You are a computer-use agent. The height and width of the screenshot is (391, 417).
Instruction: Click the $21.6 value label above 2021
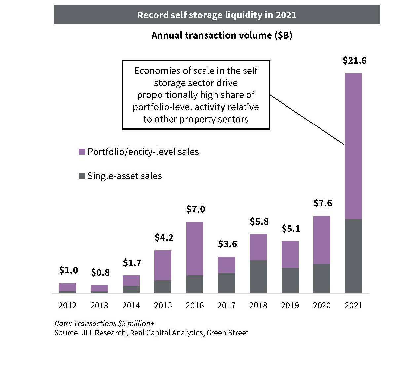pos(355,61)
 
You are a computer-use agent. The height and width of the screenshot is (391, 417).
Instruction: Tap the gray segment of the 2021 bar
pos(353,256)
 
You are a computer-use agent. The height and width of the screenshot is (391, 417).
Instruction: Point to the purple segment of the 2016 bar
pos(195,248)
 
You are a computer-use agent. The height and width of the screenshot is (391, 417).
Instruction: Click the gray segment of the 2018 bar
pos(258,276)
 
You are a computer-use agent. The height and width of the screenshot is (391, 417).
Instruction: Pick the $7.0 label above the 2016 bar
pos(196,209)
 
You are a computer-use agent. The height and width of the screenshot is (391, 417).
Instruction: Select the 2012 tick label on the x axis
pos(67,305)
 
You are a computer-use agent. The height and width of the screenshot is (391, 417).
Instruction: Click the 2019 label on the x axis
pos(290,305)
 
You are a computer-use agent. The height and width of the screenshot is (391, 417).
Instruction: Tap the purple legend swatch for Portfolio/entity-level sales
pos(82,152)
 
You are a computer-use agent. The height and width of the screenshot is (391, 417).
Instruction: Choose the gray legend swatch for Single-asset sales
pos(82,176)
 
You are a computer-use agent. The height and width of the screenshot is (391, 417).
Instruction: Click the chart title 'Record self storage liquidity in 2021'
pos(217,15)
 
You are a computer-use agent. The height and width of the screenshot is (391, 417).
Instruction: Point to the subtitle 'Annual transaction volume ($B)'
pos(222,35)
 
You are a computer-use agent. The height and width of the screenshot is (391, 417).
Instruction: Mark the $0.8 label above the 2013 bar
pos(100,273)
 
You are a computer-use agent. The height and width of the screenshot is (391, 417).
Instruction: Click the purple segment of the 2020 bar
pos(322,240)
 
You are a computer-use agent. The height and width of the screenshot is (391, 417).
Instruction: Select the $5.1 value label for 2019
pos(291,228)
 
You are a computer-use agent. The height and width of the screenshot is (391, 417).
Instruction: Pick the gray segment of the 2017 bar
pos(226,283)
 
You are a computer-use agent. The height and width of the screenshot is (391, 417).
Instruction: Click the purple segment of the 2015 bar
pos(163,265)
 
